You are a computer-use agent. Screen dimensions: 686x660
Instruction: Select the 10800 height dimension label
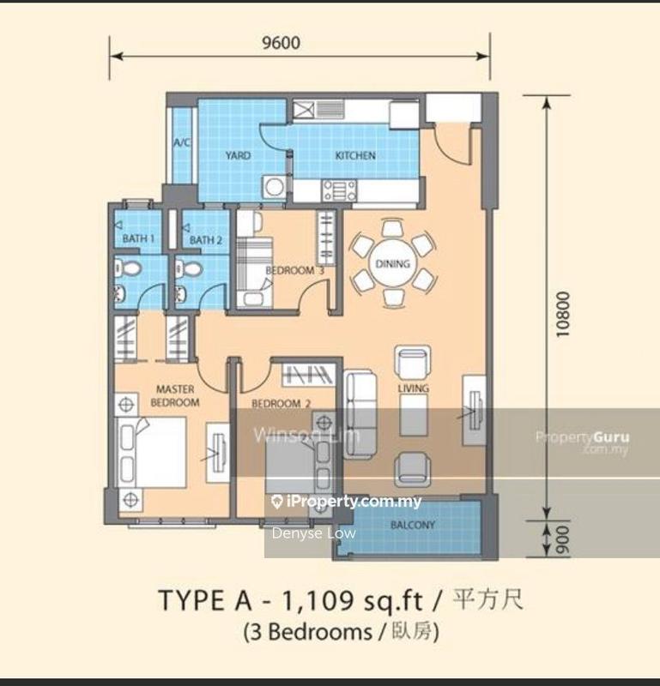coord(561,314)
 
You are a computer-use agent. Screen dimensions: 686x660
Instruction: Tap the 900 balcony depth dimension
coord(561,539)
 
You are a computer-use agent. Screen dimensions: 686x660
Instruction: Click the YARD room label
coord(238,155)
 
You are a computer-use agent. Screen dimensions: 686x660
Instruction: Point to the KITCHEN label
coord(354,155)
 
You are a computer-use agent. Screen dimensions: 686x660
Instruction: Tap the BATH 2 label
coord(206,240)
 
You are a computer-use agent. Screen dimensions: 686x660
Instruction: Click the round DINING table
coord(392,264)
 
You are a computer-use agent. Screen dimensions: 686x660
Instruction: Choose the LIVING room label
coord(413,388)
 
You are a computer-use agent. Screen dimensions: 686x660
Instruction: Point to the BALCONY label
coord(413,525)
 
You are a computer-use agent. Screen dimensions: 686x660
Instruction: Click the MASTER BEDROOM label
coord(175,395)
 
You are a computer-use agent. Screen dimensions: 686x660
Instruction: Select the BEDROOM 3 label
coord(294,270)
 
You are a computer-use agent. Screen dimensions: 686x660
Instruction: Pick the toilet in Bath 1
coord(126,269)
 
